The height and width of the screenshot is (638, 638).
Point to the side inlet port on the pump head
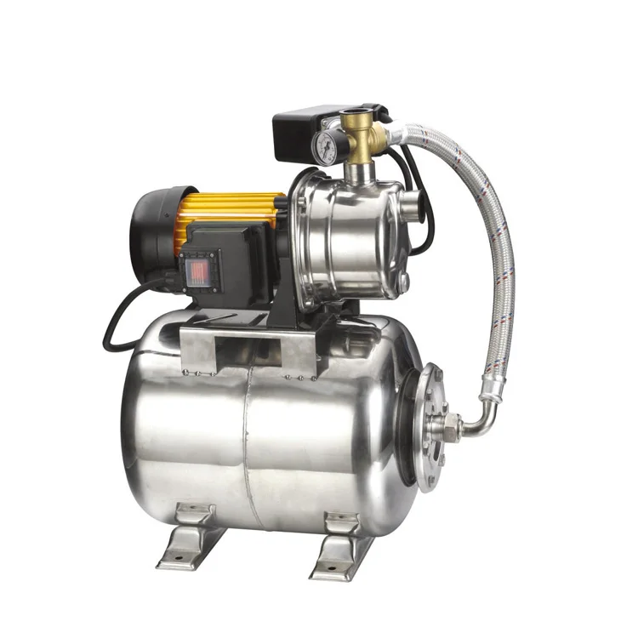[x=412, y=203]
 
